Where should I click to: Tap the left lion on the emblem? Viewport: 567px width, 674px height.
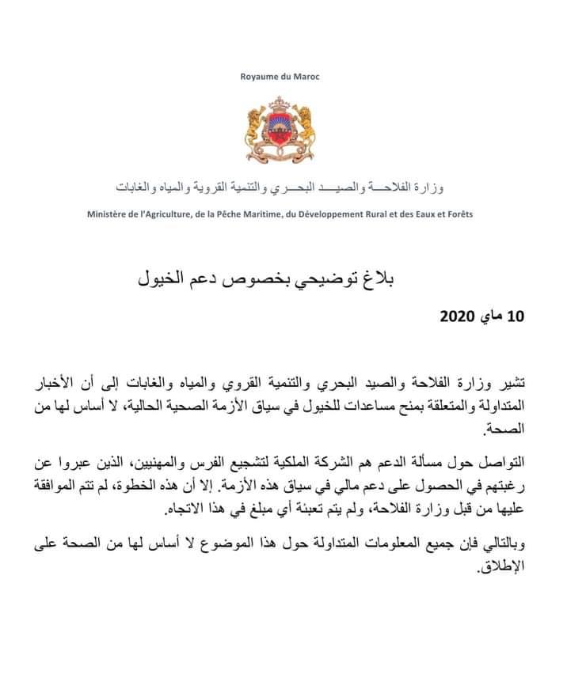click(x=256, y=127)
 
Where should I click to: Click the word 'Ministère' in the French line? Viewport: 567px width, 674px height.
click(x=109, y=214)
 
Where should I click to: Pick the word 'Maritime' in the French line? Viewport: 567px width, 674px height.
click(x=272, y=214)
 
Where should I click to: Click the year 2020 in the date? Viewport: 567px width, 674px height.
click(x=459, y=317)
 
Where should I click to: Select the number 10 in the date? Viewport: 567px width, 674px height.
click(x=516, y=317)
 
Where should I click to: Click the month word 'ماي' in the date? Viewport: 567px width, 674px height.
click(x=491, y=317)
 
